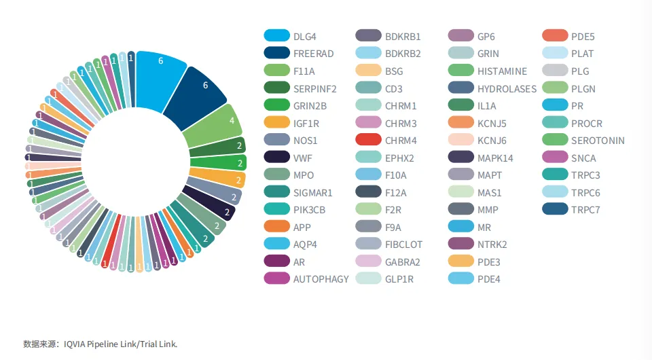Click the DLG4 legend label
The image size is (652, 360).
coord(305,36)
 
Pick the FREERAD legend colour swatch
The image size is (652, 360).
coord(276,53)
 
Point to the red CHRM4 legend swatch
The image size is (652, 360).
coord(368,140)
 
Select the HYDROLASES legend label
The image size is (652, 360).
coord(507,88)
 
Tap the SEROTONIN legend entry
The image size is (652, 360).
coord(598,140)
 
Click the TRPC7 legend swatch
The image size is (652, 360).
coord(554,209)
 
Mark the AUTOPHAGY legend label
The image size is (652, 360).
coord(321,278)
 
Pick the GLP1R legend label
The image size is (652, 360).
coord(399,278)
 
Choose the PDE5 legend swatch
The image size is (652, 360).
coord(554,36)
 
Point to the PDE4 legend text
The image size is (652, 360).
coord(488,278)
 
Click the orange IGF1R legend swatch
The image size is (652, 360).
coord(276,123)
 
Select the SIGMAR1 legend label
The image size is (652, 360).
coord(312,192)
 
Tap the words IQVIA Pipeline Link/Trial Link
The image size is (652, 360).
coord(121,344)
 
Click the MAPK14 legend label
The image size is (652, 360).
coord(496,158)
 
